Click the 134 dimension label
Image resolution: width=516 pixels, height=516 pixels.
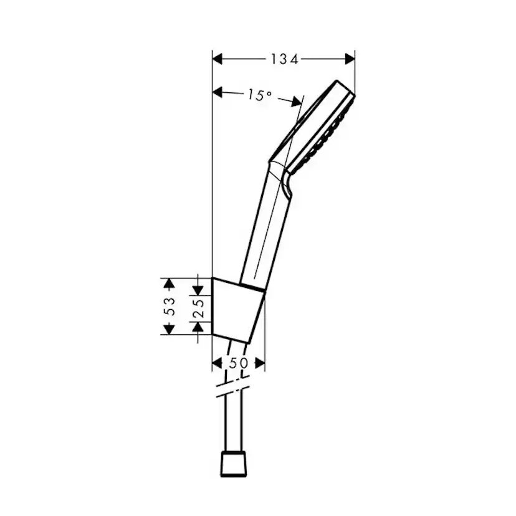(284, 59)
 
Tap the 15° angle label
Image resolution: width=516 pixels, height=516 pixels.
(259, 95)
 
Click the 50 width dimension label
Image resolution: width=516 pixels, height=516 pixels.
(238, 363)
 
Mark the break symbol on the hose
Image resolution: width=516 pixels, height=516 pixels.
(232, 388)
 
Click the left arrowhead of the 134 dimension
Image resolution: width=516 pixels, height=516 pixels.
(217, 59)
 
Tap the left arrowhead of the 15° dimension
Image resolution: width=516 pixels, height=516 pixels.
(217, 92)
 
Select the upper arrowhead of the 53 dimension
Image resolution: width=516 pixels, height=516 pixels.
(168, 283)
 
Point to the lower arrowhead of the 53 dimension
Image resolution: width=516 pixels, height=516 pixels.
(168, 329)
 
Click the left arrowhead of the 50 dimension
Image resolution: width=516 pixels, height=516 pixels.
(217, 363)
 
